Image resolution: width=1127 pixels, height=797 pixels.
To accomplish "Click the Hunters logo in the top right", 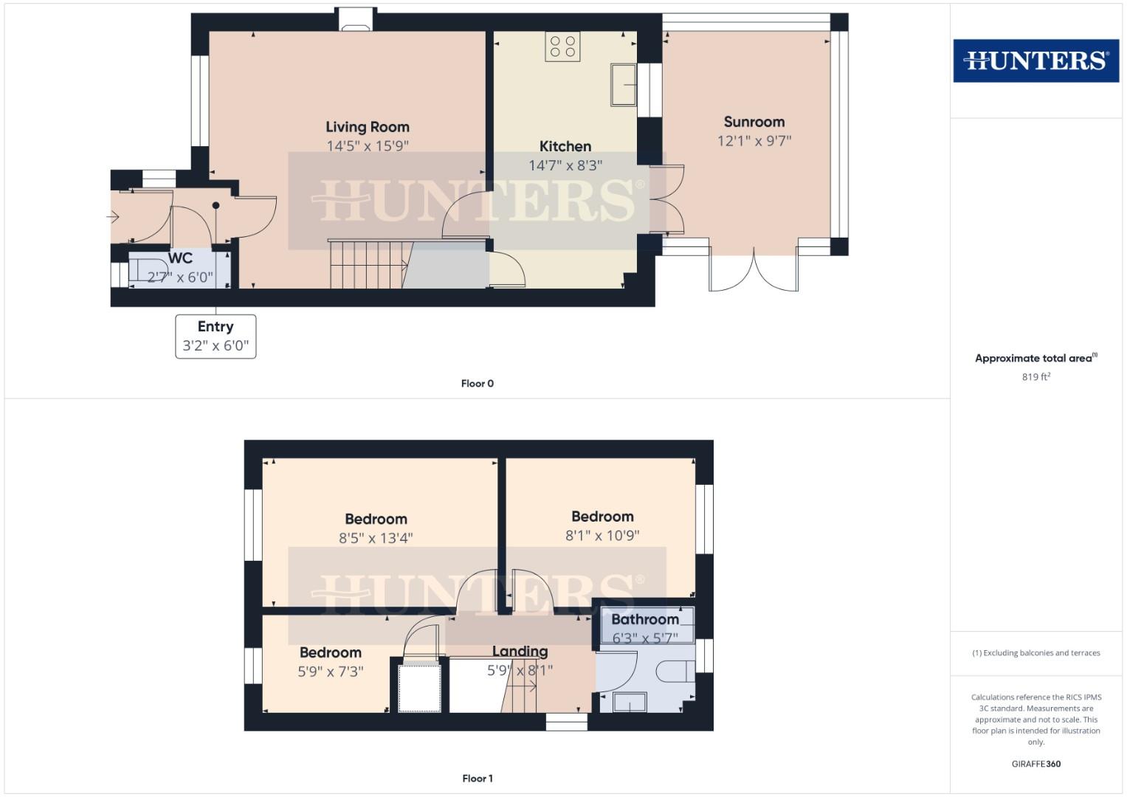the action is (1035, 61).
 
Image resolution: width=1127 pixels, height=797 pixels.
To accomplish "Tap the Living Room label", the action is (368, 127).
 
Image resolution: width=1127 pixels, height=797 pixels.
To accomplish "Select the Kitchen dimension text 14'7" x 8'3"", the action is (565, 165).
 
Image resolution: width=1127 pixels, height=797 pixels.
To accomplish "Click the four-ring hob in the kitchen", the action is (562, 46).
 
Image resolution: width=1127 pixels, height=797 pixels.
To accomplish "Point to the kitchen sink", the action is (624, 85).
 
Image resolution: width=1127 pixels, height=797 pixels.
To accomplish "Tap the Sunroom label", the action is (754, 122).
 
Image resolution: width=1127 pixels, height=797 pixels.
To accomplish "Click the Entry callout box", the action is (216, 337).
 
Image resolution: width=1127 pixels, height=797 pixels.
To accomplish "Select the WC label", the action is (180, 258).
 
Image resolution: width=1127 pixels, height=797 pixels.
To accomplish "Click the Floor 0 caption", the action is (477, 384).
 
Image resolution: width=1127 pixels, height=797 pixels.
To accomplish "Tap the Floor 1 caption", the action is (477, 779).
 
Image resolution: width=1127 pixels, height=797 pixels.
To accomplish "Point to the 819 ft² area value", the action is (1036, 376).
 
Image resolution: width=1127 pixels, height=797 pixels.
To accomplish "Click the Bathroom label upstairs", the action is (645, 619).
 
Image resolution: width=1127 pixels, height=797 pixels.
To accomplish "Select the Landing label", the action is (520, 651).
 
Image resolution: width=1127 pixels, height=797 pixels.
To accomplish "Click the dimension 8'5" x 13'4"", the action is (376, 539).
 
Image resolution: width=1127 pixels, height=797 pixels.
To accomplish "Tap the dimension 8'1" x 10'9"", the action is (602, 535).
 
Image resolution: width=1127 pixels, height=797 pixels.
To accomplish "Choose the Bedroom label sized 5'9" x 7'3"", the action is (330, 652).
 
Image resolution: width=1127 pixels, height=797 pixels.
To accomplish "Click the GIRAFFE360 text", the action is (1036, 764).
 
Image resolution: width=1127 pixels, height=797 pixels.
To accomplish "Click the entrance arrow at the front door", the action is (113, 217).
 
